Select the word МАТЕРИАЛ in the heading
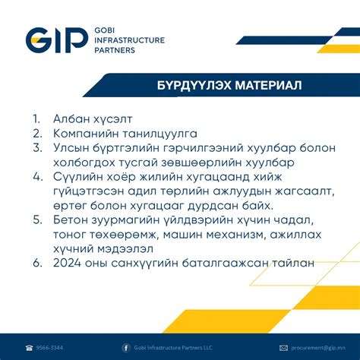[256, 85]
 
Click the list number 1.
[36, 119]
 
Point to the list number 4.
[37, 176]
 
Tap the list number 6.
[37, 262]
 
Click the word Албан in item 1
[70, 119]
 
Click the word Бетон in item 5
[71, 219]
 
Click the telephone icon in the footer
[29, 348]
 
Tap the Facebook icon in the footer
[126, 348]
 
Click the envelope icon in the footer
[283, 348]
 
